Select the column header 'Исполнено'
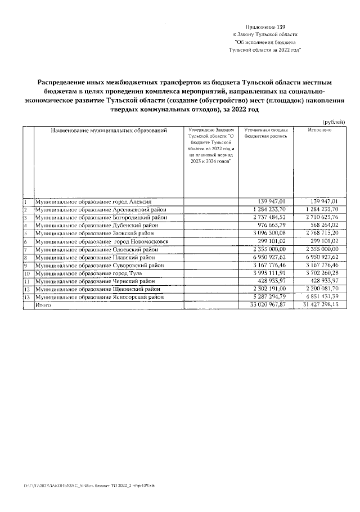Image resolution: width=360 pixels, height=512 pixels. click(x=319, y=131)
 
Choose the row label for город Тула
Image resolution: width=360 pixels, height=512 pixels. click(x=89, y=273)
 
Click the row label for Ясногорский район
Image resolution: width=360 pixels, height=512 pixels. click(x=102, y=297)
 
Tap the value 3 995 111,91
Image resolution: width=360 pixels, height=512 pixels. click(x=271, y=273)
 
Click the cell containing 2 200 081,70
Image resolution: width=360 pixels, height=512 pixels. click(x=318, y=289)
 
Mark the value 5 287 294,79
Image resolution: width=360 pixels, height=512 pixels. click(x=271, y=297)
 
